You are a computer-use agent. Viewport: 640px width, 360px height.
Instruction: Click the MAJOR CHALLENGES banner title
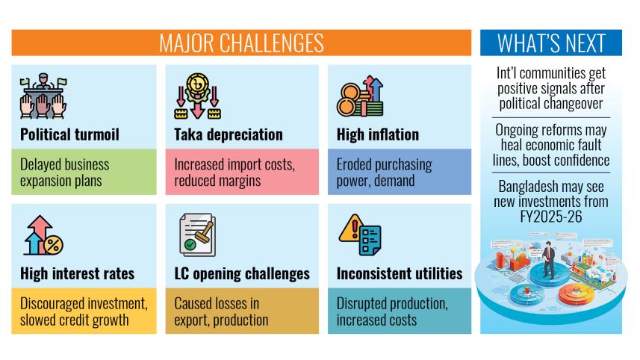tap(241, 43)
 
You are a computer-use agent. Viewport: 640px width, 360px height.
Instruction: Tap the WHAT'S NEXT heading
tap(551, 43)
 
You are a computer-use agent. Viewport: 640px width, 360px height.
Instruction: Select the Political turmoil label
tap(69, 134)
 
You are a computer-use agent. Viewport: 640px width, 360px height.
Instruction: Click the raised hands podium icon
tap(43, 96)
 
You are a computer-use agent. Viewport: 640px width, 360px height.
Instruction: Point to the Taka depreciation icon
tap(198, 96)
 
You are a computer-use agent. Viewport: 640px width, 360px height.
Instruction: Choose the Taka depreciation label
tap(229, 134)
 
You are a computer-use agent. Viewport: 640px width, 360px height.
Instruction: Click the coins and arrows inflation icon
tap(360, 96)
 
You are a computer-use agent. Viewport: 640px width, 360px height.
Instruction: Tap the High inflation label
tap(378, 134)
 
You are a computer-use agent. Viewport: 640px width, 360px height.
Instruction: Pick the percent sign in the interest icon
tap(53, 245)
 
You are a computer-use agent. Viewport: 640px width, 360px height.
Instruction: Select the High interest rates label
tap(77, 273)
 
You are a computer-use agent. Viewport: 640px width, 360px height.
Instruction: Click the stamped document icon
tap(198, 235)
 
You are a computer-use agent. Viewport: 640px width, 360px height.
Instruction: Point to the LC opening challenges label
tap(242, 273)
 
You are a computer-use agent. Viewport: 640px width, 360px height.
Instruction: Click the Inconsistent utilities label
tap(400, 273)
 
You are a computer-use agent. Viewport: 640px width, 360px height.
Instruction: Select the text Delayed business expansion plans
tap(64, 173)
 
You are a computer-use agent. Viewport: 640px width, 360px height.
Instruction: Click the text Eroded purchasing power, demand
tap(384, 173)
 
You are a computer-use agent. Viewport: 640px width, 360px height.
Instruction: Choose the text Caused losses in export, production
tap(221, 311)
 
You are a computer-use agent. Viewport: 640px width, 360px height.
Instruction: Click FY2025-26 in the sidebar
tap(551, 217)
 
